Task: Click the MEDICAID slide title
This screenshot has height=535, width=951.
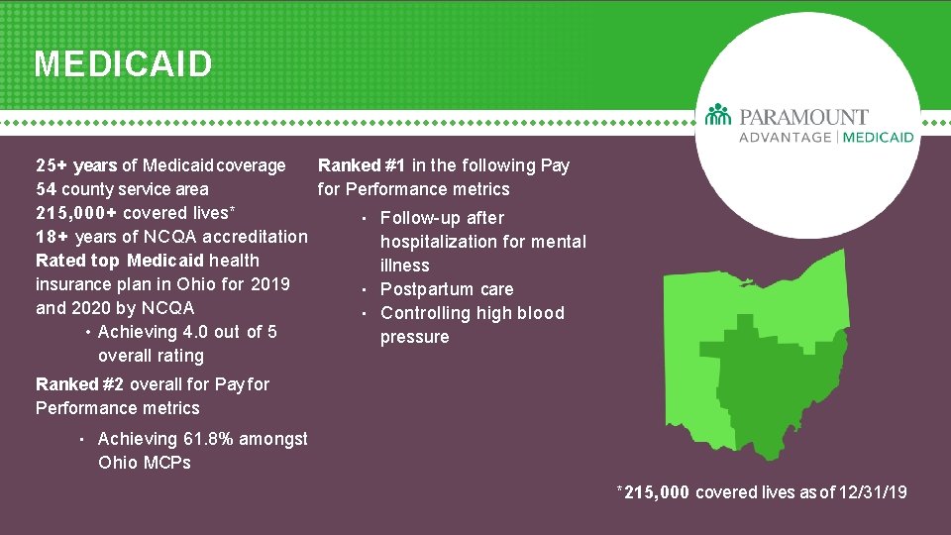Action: [123, 64]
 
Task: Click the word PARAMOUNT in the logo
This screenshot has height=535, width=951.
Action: [803, 117]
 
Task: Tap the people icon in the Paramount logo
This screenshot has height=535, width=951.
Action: [718, 115]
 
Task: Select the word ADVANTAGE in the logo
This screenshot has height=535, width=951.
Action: [785, 137]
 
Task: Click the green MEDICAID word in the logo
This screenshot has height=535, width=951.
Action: [879, 137]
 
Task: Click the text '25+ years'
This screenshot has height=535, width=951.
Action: [75, 165]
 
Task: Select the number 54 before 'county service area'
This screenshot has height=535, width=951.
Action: [46, 189]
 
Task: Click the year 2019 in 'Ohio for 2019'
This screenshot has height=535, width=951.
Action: [269, 284]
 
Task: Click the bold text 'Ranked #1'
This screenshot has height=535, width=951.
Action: [362, 165]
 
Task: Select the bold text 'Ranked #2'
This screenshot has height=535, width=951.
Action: [80, 384]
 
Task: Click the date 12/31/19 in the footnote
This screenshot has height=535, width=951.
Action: [871, 492]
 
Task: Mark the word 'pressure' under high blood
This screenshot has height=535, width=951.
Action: [414, 337]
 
